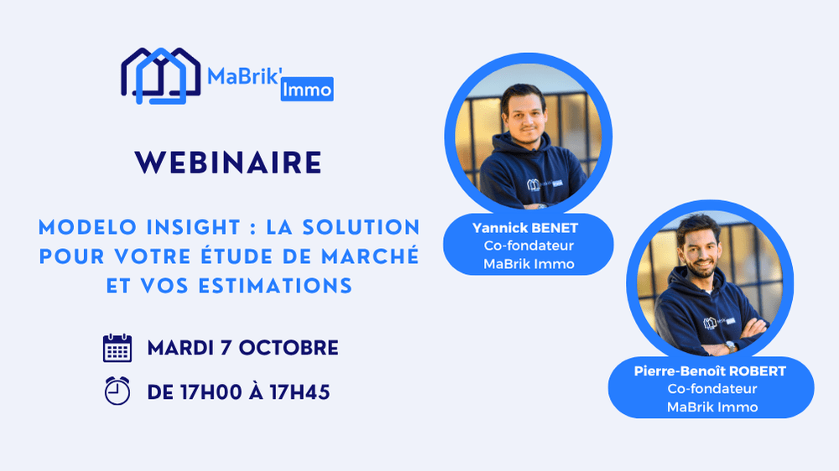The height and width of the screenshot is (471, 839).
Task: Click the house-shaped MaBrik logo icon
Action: point(160,76)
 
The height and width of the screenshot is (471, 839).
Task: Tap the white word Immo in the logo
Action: point(307,90)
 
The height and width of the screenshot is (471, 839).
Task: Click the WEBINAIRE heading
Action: point(228,163)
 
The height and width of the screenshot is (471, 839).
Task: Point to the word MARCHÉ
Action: point(370,256)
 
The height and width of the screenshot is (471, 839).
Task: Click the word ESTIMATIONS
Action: point(275,286)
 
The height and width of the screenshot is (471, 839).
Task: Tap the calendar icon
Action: point(117,348)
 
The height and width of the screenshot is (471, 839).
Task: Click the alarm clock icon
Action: point(117,391)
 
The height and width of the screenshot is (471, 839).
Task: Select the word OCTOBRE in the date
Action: point(289,348)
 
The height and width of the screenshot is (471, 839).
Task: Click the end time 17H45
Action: point(300,392)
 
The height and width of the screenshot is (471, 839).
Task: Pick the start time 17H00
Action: point(211,392)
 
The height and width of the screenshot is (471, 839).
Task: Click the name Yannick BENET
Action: point(525,228)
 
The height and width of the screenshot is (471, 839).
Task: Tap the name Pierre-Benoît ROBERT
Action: point(710,371)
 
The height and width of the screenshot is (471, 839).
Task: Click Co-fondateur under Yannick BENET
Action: point(529,246)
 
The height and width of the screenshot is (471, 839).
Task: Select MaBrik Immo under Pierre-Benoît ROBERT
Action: point(712,406)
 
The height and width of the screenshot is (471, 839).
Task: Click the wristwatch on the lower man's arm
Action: point(731,346)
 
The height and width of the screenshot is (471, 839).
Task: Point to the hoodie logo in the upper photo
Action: point(545,184)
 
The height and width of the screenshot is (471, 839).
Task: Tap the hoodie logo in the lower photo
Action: point(719,322)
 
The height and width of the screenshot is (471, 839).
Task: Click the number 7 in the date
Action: point(226,348)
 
